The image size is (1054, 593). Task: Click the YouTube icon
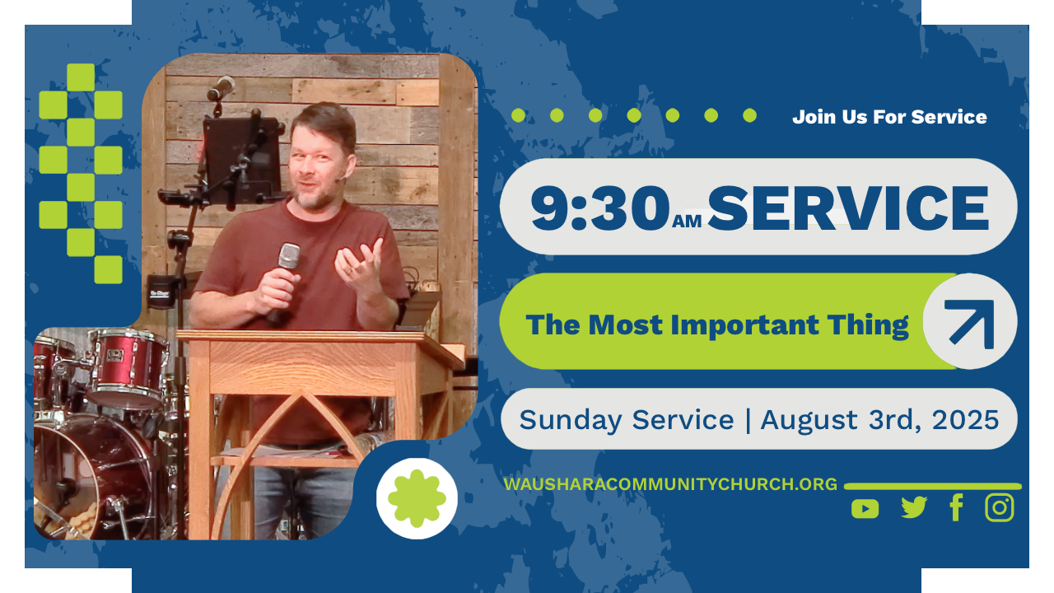click(865, 509)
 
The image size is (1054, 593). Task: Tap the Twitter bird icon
click(914, 507)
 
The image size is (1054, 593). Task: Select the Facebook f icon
click(956, 507)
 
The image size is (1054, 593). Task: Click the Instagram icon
click(1000, 507)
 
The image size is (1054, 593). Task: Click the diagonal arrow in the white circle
click(971, 323)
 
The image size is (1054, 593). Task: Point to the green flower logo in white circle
click(417, 498)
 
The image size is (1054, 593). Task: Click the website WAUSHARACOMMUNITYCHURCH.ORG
click(670, 484)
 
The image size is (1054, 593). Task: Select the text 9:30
click(600, 208)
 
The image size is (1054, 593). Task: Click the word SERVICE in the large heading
click(848, 208)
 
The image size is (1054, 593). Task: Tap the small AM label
click(687, 221)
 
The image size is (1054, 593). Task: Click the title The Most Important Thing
click(717, 325)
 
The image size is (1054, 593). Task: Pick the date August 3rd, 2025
click(879, 420)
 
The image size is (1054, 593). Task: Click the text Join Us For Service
click(889, 117)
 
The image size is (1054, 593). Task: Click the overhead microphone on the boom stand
click(222, 87)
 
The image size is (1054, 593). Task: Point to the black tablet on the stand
click(242, 160)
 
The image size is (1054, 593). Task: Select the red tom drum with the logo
click(127, 368)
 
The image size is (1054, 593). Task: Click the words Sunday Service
click(627, 420)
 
